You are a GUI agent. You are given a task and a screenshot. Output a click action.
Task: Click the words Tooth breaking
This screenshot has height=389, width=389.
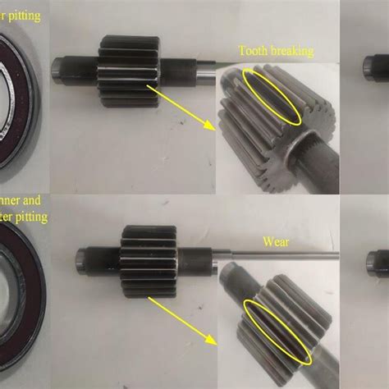(x=275, y=51)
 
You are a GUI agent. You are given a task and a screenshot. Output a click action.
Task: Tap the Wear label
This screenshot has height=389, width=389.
(x=277, y=242)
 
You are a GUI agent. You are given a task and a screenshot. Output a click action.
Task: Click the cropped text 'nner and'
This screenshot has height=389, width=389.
(x=22, y=199)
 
